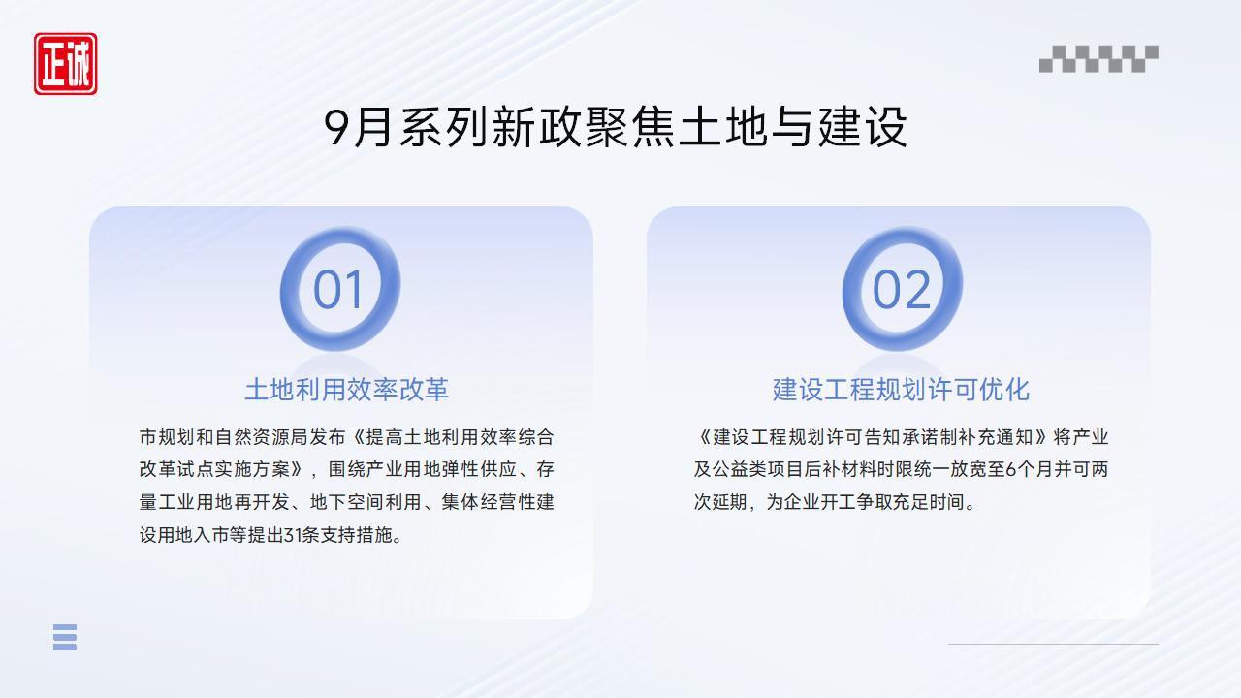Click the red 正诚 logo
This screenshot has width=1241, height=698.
pos(66,64)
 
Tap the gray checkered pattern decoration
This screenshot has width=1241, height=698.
pos(1098,59)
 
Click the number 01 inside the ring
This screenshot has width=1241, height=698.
pos(338,290)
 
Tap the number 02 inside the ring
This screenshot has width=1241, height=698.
pos(902,290)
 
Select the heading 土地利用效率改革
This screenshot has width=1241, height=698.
pos(346,390)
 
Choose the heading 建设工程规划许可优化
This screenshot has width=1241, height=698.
pos(901,390)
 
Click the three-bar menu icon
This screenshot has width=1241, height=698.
pos(65,637)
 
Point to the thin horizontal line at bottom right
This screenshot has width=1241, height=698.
pos(1052,644)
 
